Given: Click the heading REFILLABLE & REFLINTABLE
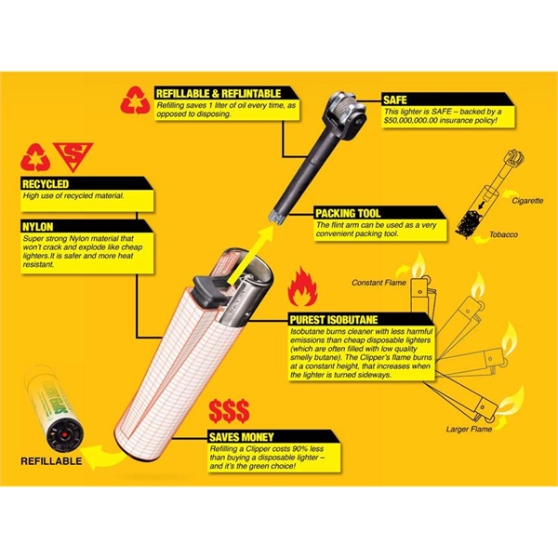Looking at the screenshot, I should pyautogui.click(x=219, y=93).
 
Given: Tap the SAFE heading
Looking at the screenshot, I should pyautogui.click(x=395, y=98).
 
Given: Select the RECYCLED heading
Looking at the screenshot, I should pyautogui.click(x=46, y=184).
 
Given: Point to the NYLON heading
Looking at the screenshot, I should pyautogui.click(x=39, y=225).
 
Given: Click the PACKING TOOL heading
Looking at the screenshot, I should pyautogui.click(x=348, y=213).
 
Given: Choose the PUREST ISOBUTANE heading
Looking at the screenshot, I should pyautogui.click(x=336, y=318).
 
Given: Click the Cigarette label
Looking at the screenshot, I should pyautogui.click(x=501, y=199).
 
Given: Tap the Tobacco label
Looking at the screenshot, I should pyautogui.click(x=506, y=234).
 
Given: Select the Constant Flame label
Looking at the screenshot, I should pyautogui.click(x=379, y=282).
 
